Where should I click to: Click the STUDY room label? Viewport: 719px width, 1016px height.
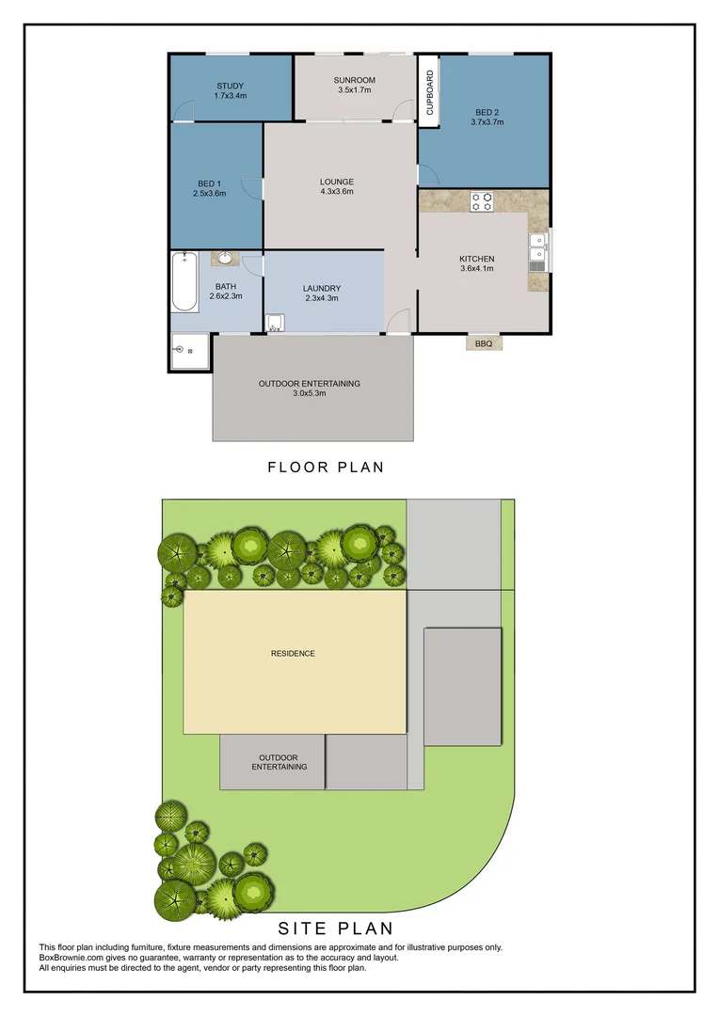230,87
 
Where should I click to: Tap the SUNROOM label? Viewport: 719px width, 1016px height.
354,81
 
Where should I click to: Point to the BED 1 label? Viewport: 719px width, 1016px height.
209,183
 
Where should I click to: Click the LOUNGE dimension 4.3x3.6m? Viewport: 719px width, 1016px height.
336,192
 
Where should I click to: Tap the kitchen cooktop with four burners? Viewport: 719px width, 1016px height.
482,200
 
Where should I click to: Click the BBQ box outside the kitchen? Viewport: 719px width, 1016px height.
484,343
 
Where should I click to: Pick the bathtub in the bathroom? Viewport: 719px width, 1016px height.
184,281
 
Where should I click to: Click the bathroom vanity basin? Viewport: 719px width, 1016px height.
225,258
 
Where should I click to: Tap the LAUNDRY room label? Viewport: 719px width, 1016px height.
322,288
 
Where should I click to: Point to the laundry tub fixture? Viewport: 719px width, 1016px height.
275,325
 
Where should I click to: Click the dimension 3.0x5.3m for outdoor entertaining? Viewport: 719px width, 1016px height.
310,393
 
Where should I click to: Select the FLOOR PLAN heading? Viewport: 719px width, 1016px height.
326,467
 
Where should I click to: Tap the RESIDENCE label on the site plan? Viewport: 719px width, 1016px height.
293,653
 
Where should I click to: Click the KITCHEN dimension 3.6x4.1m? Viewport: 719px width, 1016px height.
476,269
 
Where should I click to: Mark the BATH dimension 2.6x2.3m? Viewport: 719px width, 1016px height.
226,296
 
